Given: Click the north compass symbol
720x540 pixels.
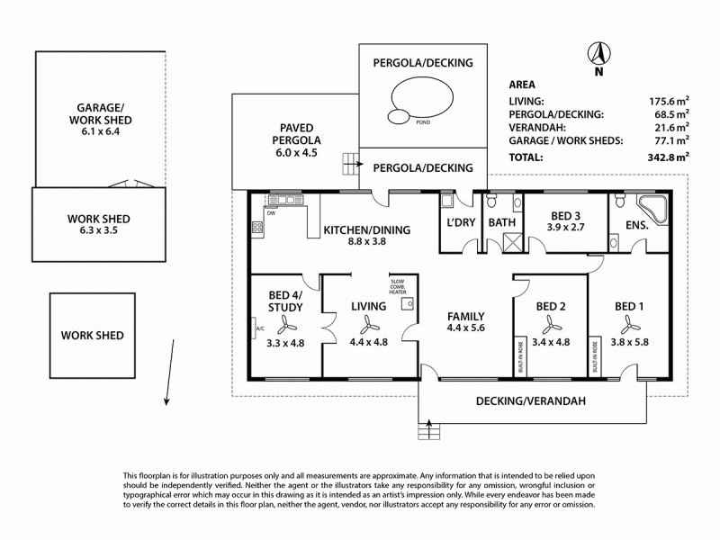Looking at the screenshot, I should point(595,53).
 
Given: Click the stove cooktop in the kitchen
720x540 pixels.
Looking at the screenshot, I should point(257,228).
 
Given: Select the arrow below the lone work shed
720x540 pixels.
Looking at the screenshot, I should point(166,387).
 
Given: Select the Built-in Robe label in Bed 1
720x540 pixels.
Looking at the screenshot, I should point(595,356).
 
